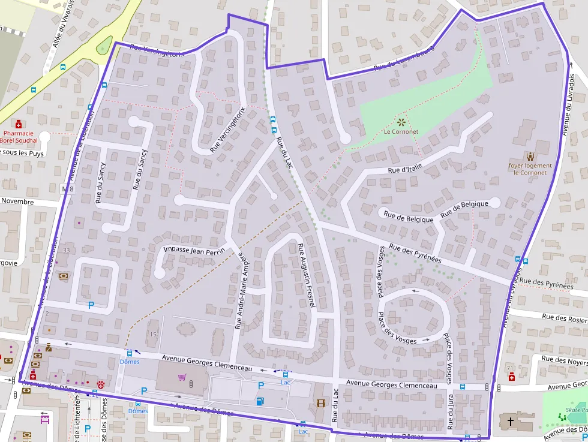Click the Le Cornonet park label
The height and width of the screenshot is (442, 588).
401,131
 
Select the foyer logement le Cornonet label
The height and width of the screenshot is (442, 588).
530,169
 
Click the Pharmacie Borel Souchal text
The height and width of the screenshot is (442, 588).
19,137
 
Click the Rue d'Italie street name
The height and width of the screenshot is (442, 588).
405,170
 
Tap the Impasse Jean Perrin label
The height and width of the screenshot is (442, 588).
193,249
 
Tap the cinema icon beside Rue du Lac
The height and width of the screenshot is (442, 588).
320,403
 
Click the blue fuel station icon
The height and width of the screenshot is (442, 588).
260,401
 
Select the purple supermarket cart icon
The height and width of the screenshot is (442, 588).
182,377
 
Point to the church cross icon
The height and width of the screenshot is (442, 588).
511,422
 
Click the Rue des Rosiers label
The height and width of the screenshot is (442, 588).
564,318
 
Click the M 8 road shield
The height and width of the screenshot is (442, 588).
68,189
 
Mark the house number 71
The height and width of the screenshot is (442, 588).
510,368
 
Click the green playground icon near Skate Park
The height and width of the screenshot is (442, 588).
562,416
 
